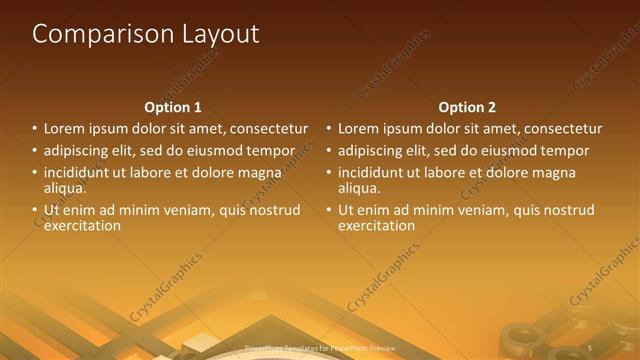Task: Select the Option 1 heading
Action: point(173,107)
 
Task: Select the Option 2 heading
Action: point(467,107)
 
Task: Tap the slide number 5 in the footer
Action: point(590,346)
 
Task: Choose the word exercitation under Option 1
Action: point(82,225)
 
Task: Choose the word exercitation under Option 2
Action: point(376,225)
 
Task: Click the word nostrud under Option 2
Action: point(568,210)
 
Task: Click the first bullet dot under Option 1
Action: point(34,129)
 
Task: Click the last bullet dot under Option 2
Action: point(329,210)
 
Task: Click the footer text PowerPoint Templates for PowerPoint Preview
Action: point(319,346)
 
